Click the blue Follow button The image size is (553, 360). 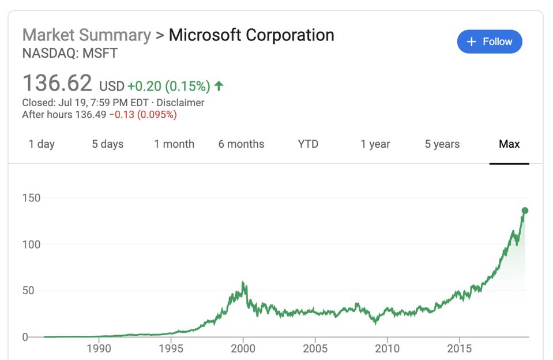click(x=489, y=42)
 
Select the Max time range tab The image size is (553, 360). click(x=509, y=144)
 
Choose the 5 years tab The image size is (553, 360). click(x=442, y=144)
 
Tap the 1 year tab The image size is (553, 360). click(x=375, y=144)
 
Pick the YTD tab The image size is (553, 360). click(x=308, y=144)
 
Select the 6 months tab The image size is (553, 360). click(x=241, y=144)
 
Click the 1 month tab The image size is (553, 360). click(x=174, y=144)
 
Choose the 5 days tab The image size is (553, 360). click(x=107, y=144)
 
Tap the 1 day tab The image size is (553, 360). click(x=42, y=144)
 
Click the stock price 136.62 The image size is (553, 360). click(x=57, y=84)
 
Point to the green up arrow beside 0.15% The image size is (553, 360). click(x=219, y=86)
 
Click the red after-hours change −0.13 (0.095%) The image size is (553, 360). click(x=142, y=114)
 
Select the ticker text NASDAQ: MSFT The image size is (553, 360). click(x=70, y=54)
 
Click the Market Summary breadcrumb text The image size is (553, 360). click(x=86, y=35)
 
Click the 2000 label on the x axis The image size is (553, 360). click(x=243, y=348)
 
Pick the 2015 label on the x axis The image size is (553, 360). click(x=459, y=348)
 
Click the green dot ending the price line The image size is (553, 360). click(x=525, y=211)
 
